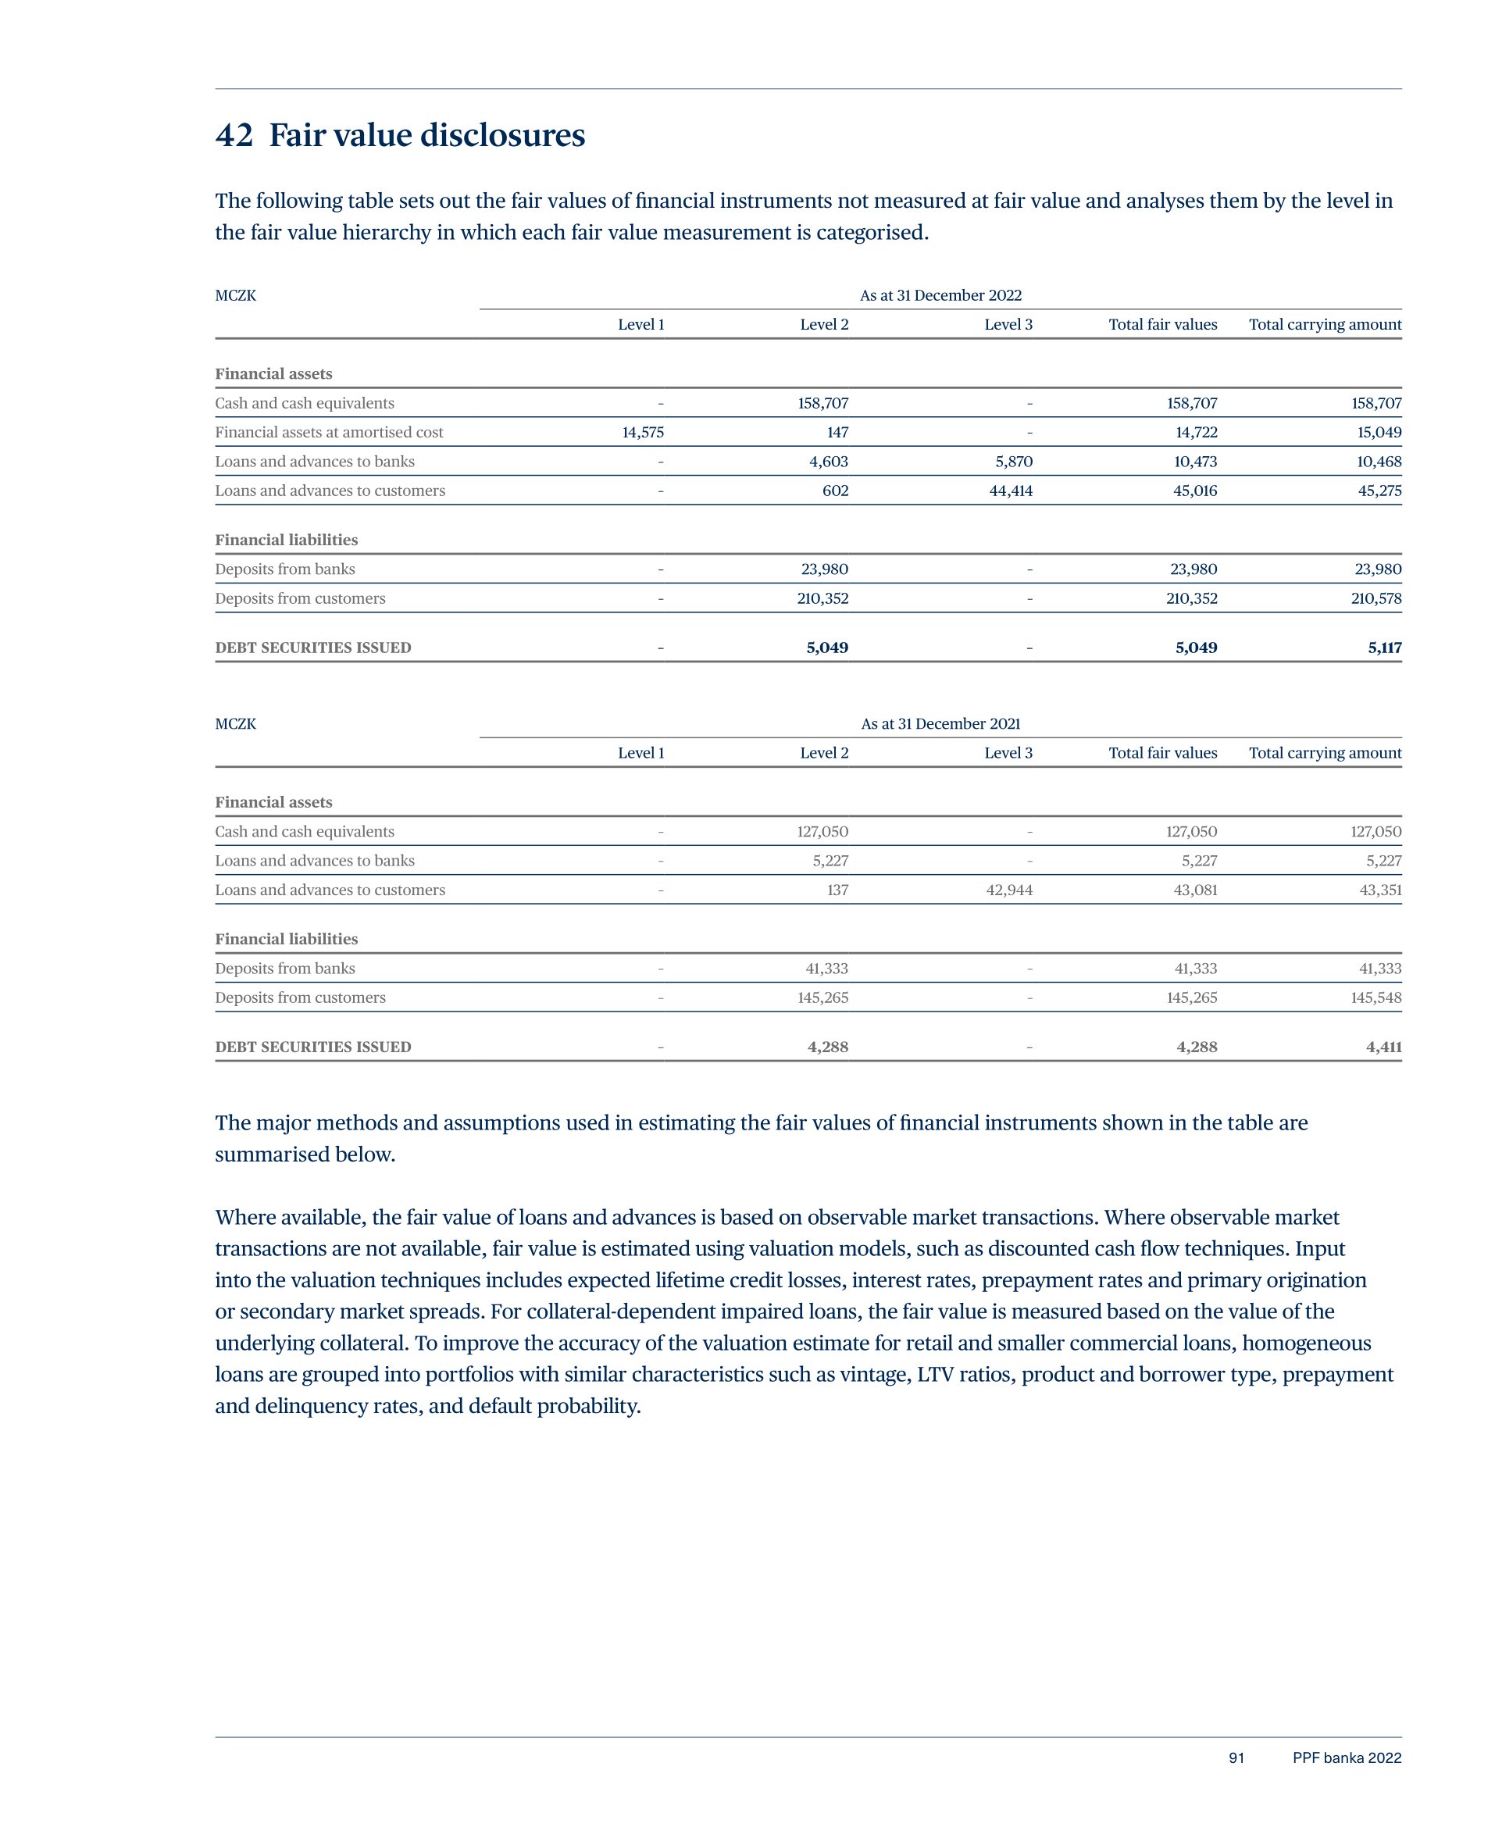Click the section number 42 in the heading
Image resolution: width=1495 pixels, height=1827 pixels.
point(234,136)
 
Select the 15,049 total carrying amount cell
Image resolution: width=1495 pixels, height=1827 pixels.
point(1379,432)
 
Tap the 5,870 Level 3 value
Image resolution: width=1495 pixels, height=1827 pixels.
point(1014,462)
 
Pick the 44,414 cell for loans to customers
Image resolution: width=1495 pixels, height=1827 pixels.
point(1010,491)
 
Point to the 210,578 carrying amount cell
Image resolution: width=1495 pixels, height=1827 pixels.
point(1375,598)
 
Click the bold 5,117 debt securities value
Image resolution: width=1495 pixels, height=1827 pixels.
point(1384,648)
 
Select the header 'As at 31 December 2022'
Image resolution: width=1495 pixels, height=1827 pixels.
point(940,295)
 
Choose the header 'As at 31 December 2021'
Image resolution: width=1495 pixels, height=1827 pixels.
point(940,724)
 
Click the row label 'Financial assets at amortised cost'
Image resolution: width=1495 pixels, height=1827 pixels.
point(329,432)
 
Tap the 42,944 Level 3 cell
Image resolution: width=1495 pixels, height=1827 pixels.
point(1008,890)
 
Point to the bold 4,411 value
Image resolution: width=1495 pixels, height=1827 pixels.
point(1383,1047)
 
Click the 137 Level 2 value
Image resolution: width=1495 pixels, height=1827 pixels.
point(837,890)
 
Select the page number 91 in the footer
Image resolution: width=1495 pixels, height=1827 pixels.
point(1236,1758)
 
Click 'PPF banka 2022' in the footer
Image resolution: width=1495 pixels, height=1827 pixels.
point(1346,1758)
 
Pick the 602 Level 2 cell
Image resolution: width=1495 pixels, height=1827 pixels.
point(834,491)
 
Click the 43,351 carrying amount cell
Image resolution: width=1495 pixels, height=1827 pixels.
point(1379,890)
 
